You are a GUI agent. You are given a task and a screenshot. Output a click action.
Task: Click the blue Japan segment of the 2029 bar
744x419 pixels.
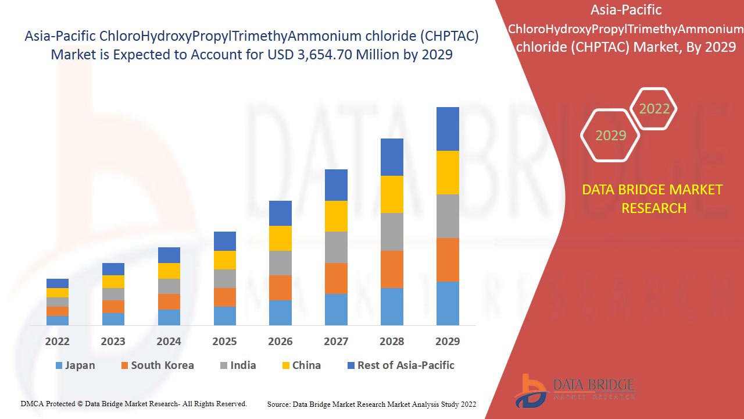[448, 303]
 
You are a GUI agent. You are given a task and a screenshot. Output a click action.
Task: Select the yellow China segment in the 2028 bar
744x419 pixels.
[392, 194]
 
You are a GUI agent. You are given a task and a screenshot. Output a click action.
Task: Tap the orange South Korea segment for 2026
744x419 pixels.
[280, 287]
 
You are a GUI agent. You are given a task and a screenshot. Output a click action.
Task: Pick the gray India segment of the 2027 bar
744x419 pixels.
[336, 247]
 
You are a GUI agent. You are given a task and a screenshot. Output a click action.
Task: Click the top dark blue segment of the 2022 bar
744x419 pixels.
[58, 283]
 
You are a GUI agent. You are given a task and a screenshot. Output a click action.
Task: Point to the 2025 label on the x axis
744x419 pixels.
[224, 342]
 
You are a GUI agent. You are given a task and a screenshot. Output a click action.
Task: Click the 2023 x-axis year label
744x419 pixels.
[113, 342]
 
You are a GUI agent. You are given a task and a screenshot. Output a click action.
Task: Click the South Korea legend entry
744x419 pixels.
[157, 365]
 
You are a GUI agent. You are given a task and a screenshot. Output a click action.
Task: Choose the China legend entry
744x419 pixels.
[301, 365]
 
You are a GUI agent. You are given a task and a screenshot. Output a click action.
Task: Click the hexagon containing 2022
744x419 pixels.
[654, 109]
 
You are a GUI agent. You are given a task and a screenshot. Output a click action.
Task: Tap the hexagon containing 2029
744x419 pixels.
[610, 135]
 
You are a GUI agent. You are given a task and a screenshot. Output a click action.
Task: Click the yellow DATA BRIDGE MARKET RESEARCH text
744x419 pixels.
[654, 198]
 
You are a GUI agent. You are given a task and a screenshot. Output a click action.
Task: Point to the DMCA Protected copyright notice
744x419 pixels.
[134, 403]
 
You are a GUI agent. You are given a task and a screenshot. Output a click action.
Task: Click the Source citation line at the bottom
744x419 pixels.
[371, 404]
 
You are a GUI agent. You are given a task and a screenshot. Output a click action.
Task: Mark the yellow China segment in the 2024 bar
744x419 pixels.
[169, 271]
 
